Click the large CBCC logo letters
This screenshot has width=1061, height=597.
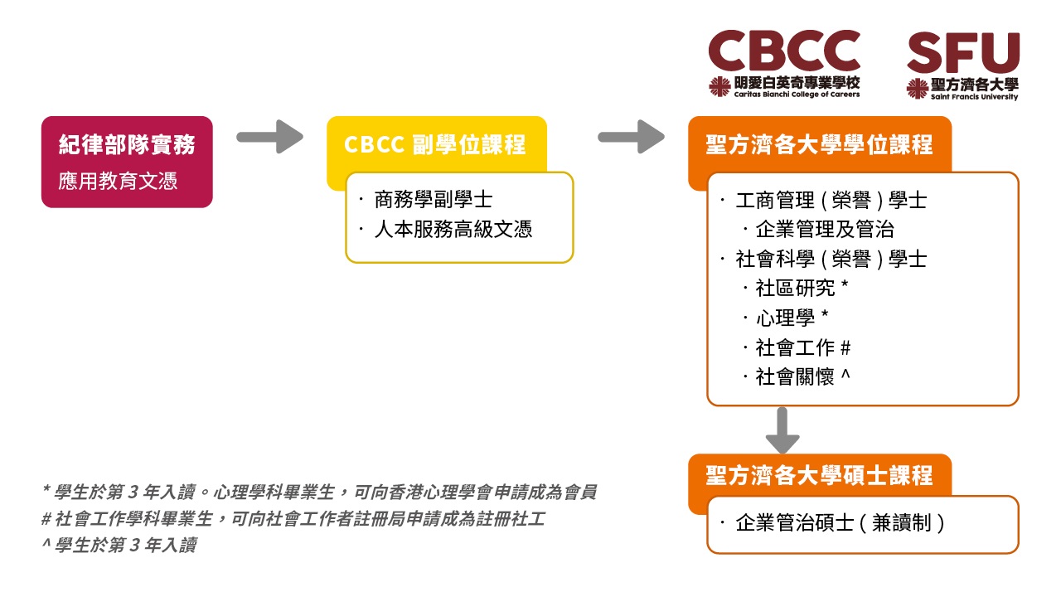784,51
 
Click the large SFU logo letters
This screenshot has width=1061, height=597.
963,52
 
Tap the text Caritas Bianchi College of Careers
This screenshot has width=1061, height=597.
797,95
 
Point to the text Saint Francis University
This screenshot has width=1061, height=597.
974,97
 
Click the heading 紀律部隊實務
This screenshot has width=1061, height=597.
127,144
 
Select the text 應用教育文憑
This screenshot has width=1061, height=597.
118,181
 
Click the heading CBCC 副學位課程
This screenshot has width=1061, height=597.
435,144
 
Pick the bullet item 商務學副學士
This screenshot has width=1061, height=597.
434,200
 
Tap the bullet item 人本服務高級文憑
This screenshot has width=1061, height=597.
453,230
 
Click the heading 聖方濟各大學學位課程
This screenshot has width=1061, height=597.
820,144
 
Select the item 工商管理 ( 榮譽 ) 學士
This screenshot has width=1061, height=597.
831,201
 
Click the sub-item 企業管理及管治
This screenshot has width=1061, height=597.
825,230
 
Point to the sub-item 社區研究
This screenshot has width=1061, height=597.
795,288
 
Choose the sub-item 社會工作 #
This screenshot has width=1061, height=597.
803,347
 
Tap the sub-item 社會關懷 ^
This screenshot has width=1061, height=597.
803,377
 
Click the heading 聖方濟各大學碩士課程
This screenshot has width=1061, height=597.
820,475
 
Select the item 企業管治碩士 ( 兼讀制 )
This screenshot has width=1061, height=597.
841,523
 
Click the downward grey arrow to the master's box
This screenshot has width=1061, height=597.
782,430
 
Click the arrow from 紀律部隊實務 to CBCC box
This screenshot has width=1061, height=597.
270,137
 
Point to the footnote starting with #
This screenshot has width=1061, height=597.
293,519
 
